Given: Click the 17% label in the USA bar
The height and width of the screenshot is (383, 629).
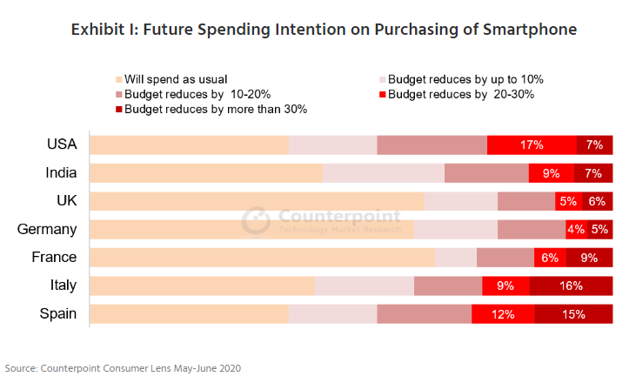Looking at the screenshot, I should [532, 145].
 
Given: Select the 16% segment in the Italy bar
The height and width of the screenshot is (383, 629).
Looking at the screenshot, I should [571, 286].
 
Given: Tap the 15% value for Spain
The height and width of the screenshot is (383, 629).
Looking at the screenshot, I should [572, 314].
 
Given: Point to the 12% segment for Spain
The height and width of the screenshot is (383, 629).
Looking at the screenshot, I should [503, 314].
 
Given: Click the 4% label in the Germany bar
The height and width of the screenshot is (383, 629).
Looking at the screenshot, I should [575, 230].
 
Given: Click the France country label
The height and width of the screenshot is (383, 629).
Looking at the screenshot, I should [54, 258].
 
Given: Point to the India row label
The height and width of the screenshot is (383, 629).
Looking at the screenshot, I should [61, 173].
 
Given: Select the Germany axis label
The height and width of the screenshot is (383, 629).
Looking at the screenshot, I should [47, 230].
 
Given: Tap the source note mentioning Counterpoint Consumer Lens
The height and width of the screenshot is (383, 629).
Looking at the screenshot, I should [123, 368].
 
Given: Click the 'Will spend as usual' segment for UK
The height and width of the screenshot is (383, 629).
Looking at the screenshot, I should [257, 201].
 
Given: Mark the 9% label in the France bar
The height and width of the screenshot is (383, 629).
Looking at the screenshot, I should [589, 258].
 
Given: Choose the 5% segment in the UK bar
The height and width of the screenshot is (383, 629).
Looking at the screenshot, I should [568, 201].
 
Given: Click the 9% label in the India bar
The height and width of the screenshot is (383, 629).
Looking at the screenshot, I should [551, 173].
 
